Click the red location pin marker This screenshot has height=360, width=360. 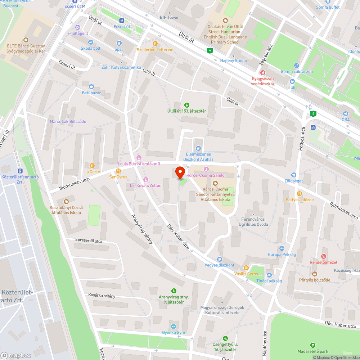tap(180, 174)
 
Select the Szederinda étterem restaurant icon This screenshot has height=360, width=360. tap(155, 43)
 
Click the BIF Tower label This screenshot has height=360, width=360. tap(169, 17)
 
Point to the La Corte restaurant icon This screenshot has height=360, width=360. tap(92, 165)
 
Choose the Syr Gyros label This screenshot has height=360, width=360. tap(118, 177)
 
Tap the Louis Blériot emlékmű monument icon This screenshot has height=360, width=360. tap(139, 158)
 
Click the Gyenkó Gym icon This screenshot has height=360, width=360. tap(173, 326)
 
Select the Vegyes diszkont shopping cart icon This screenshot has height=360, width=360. tap(219, 259)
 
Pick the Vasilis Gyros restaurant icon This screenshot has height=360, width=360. tap(246, 267)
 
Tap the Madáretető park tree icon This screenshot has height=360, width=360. tap(313, 345)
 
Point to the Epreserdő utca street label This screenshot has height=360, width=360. tap(89, 240)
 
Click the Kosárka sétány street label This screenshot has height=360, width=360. tap(102, 296)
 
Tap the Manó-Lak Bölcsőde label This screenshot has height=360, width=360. tap(68, 121)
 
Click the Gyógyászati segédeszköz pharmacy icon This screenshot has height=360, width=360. tap(263, 72)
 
